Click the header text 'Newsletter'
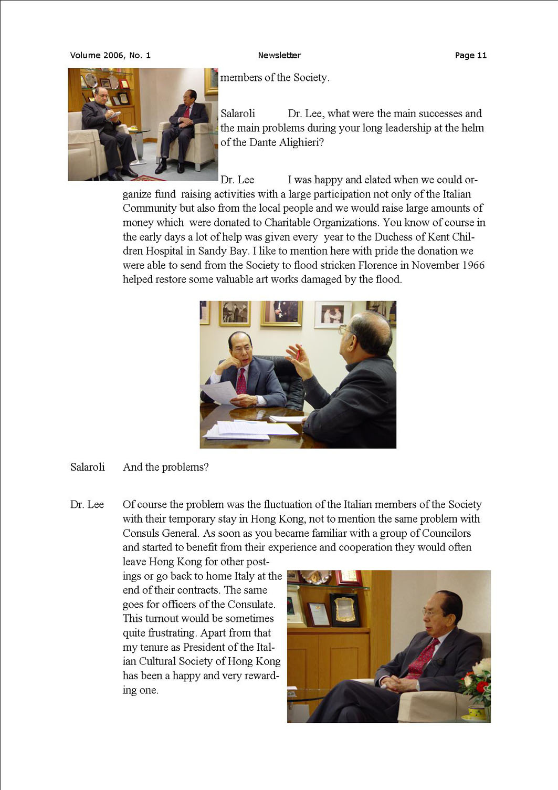(x=279, y=55)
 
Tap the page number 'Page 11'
(x=470, y=55)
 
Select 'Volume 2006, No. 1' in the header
(x=110, y=55)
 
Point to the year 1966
(x=470, y=265)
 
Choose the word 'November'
(x=426, y=265)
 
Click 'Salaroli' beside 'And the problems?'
(x=87, y=467)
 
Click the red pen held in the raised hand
(x=298, y=352)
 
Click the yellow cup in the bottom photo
(x=477, y=712)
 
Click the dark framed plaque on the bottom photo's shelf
(x=345, y=609)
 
